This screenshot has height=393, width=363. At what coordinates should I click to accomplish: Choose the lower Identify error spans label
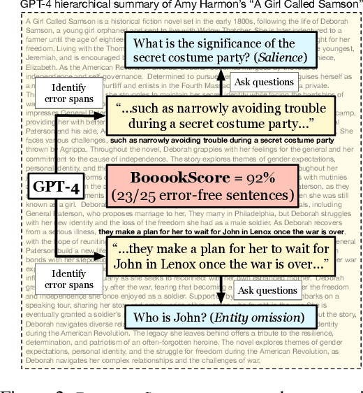click(x=72, y=278)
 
